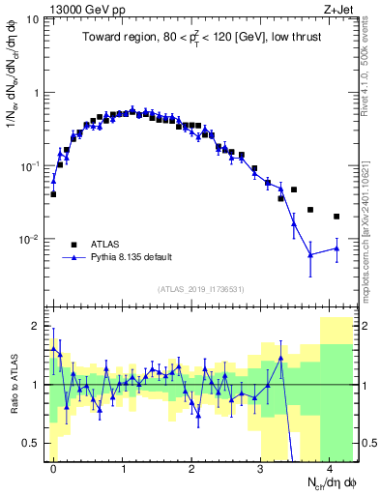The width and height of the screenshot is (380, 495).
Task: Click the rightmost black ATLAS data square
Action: (x=336, y=217)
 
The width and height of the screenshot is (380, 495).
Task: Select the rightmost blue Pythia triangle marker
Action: (x=336, y=248)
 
